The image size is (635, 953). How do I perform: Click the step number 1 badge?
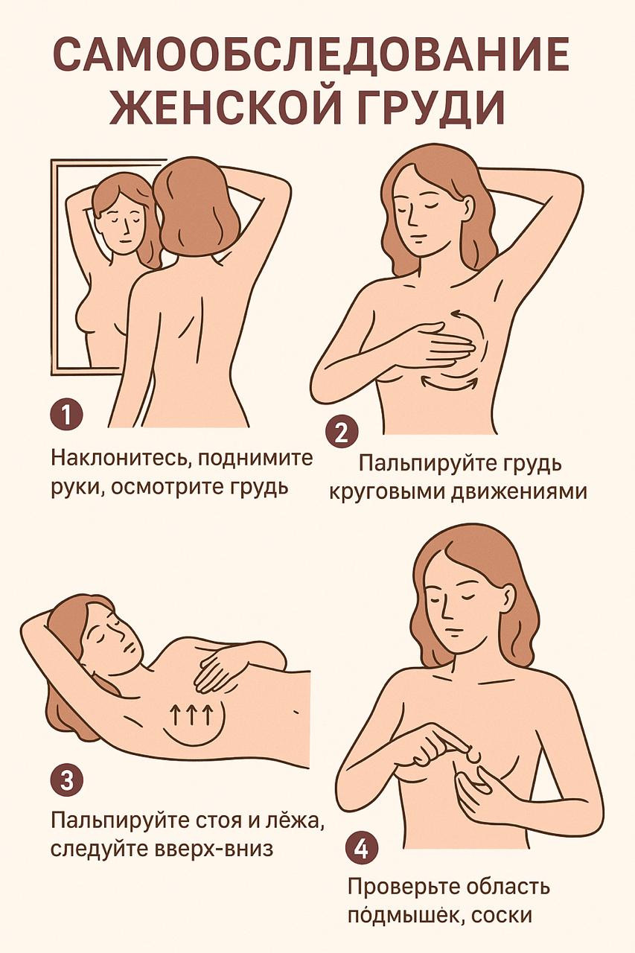point(66,415)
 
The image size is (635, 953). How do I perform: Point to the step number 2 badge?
point(342,433)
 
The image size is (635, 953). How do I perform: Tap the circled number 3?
point(66,781)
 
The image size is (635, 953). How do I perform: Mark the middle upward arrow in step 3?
point(196,716)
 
